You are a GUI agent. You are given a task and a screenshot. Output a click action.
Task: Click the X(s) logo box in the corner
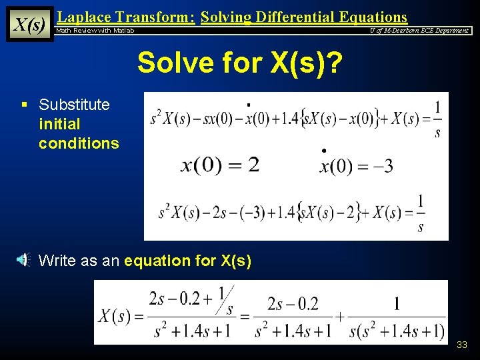(30, 24)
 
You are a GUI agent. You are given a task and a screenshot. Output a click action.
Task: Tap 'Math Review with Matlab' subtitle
(95, 31)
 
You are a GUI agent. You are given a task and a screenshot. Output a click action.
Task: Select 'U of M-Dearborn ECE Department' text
(419, 31)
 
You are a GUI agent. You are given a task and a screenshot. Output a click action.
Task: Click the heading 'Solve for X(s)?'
(240, 63)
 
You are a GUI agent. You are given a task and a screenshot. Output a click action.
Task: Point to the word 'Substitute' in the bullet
(74, 105)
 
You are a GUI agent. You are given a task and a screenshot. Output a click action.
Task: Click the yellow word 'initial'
(59, 124)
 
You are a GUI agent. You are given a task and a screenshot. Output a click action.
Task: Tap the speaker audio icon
(23, 260)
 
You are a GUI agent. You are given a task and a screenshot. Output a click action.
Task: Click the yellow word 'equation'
(157, 261)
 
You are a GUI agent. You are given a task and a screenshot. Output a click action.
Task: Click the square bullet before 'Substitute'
(24, 105)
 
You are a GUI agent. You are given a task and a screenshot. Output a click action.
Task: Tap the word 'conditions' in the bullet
(79, 143)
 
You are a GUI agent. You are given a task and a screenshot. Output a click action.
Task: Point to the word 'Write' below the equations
(57, 261)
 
